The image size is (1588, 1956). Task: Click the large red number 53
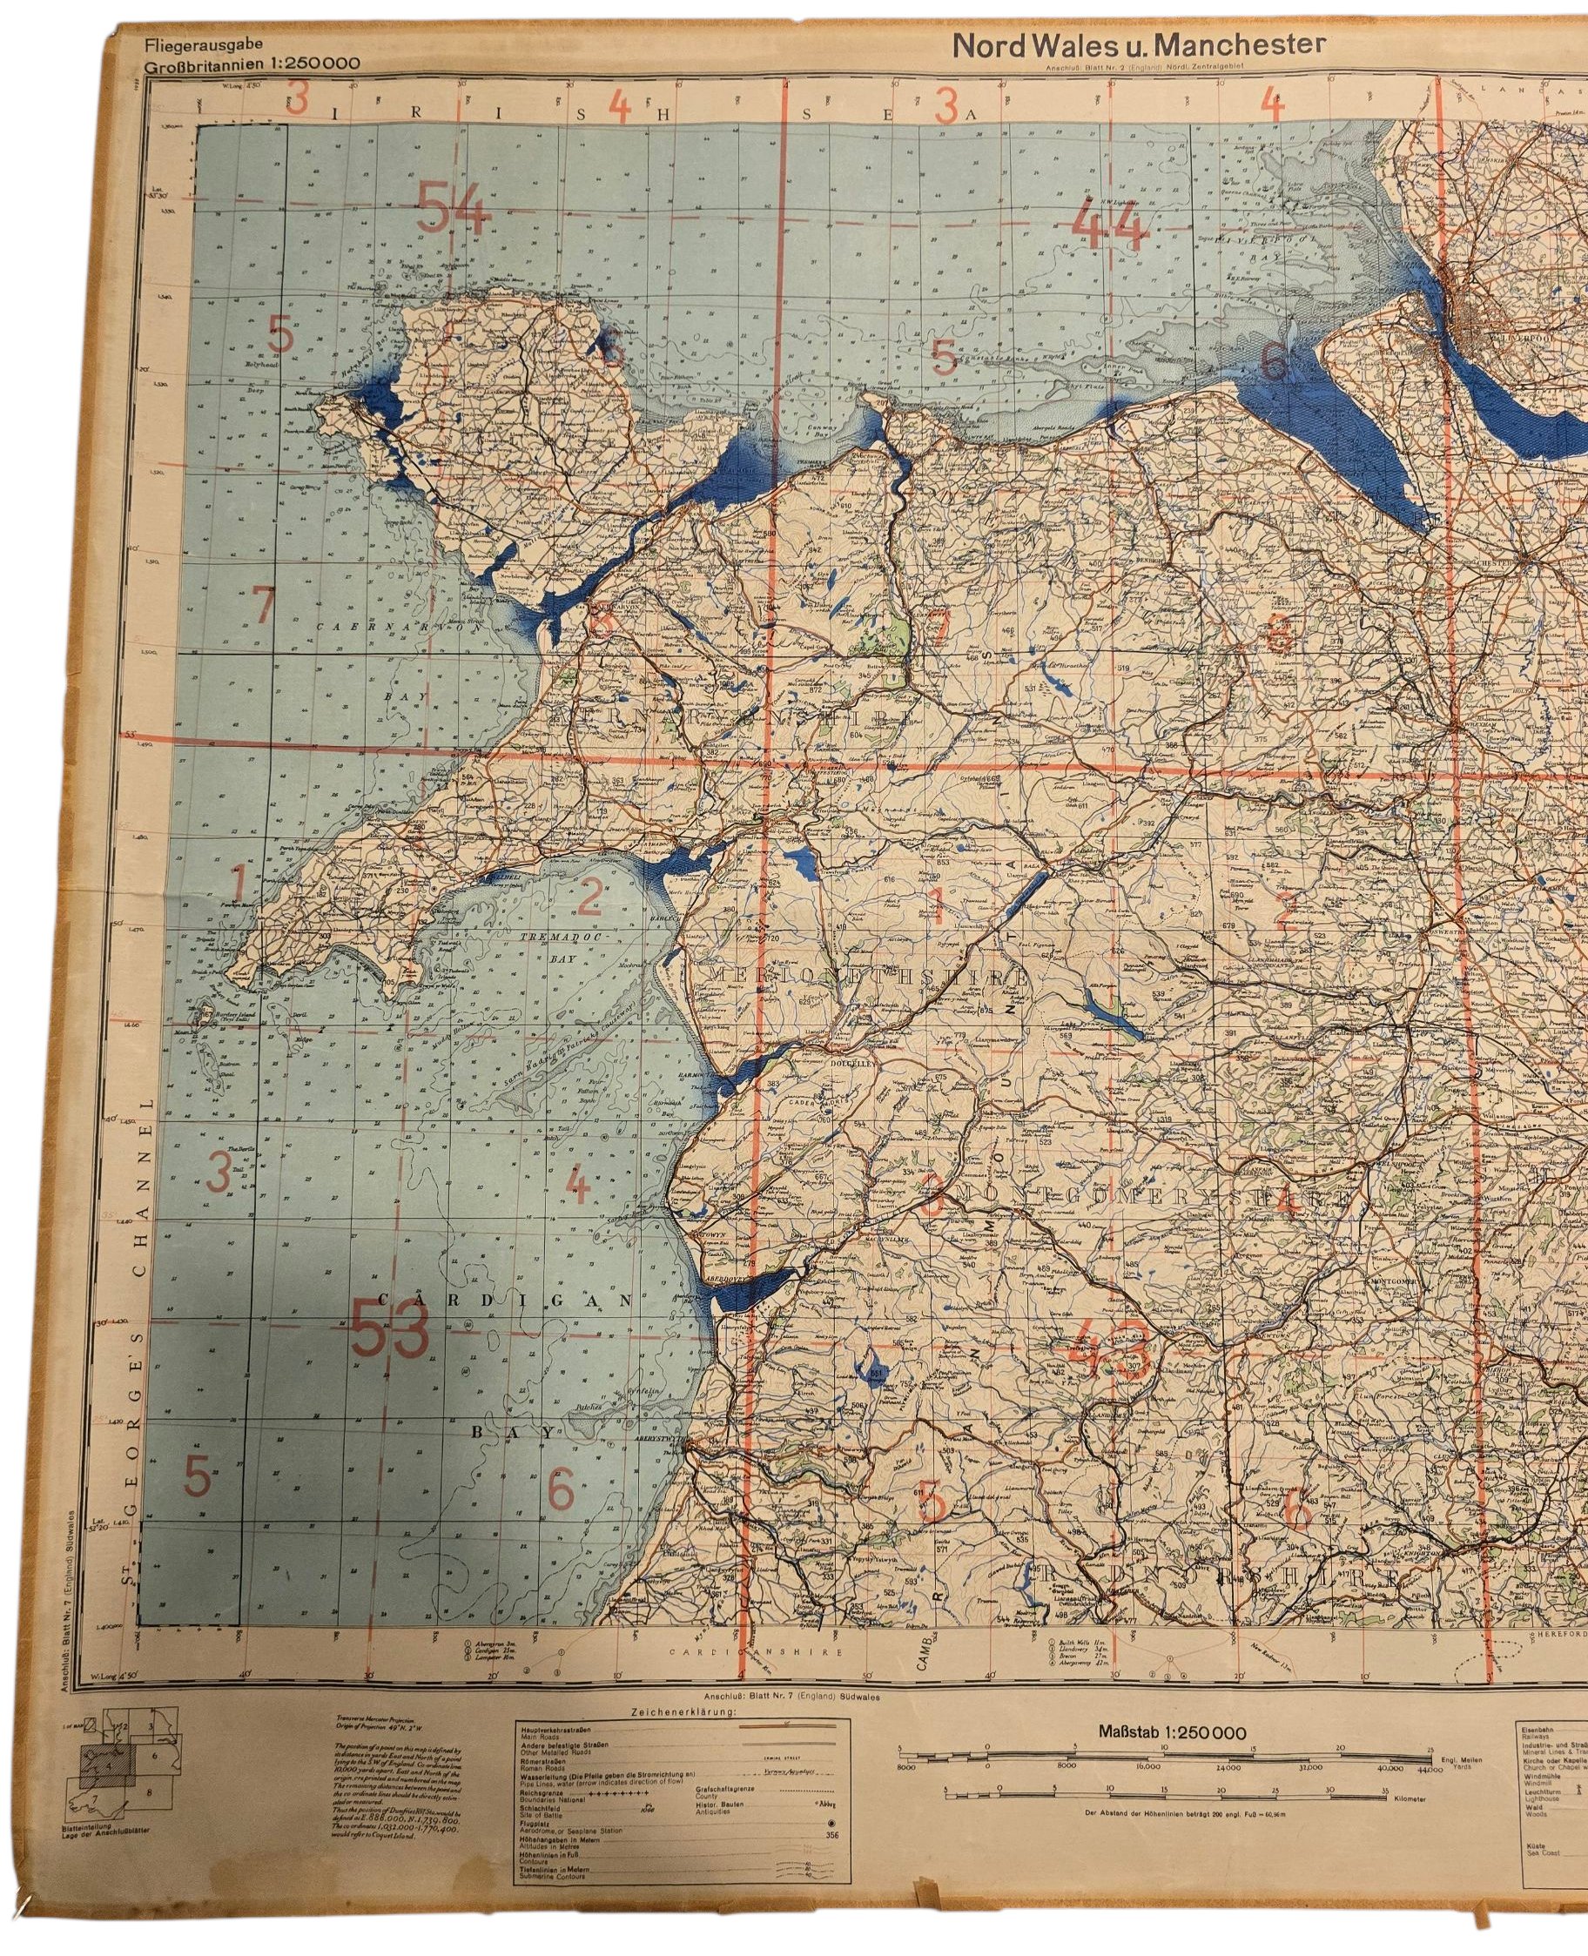pyautogui.click(x=391, y=1332)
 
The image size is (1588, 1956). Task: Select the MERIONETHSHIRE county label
pyautogui.click(x=871, y=977)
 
